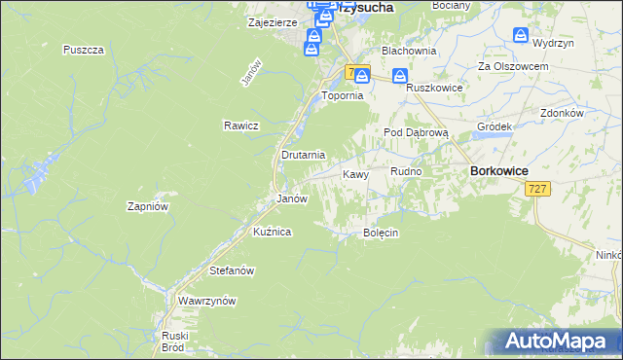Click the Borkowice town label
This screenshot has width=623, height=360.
pyautogui.click(x=498, y=170)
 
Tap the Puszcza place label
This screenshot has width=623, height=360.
pyautogui.click(x=83, y=50)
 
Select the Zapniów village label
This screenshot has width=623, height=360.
pyautogui.click(x=149, y=206)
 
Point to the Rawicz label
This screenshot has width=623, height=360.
pyautogui.click(x=239, y=126)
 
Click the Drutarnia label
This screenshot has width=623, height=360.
pyautogui.click(x=303, y=155)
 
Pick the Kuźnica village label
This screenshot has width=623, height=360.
pyautogui.click(x=272, y=232)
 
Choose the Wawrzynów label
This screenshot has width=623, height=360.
pyautogui.click(x=207, y=302)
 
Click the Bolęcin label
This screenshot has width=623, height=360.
pyautogui.click(x=382, y=234)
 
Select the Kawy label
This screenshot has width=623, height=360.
pyautogui.click(x=355, y=175)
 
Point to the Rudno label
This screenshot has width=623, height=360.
pyautogui.click(x=406, y=171)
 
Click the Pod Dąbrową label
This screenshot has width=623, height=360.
pyautogui.click(x=415, y=132)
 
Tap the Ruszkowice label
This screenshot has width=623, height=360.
pyautogui.click(x=433, y=87)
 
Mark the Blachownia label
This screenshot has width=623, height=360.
pyautogui.click(x=408, y=50)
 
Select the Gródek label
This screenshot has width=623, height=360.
pyautogui.click(x=495, y=127)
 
